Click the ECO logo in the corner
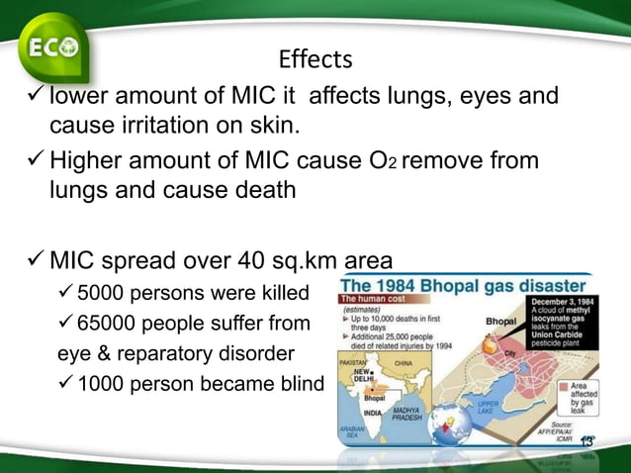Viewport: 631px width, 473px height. click(51, 47)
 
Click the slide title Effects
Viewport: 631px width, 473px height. click(315, 60)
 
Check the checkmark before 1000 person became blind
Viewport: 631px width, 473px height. click(63, 384)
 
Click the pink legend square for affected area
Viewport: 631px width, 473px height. click(564, 384)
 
